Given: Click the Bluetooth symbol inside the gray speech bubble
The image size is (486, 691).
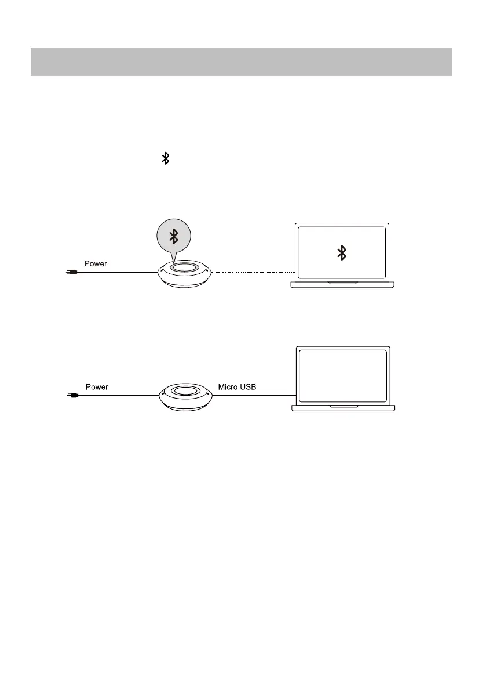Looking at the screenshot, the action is (x=173, y=235).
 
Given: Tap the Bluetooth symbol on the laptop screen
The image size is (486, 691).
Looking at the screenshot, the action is (x=342, y=252).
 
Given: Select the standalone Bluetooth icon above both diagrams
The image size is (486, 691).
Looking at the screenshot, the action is (x=166, y=158).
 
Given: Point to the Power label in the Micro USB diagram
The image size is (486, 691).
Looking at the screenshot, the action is (x=97, y=386).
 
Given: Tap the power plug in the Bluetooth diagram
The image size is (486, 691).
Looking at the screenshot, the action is (x=71, y=272).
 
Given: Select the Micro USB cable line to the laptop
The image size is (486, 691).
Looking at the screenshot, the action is (x=255, y=395).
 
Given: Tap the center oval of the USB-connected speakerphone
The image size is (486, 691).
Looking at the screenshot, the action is (x=185, y=392).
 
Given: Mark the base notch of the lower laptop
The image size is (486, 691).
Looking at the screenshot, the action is (x=343, y=407).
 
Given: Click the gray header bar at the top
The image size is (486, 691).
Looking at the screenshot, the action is (x=241, y=62).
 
